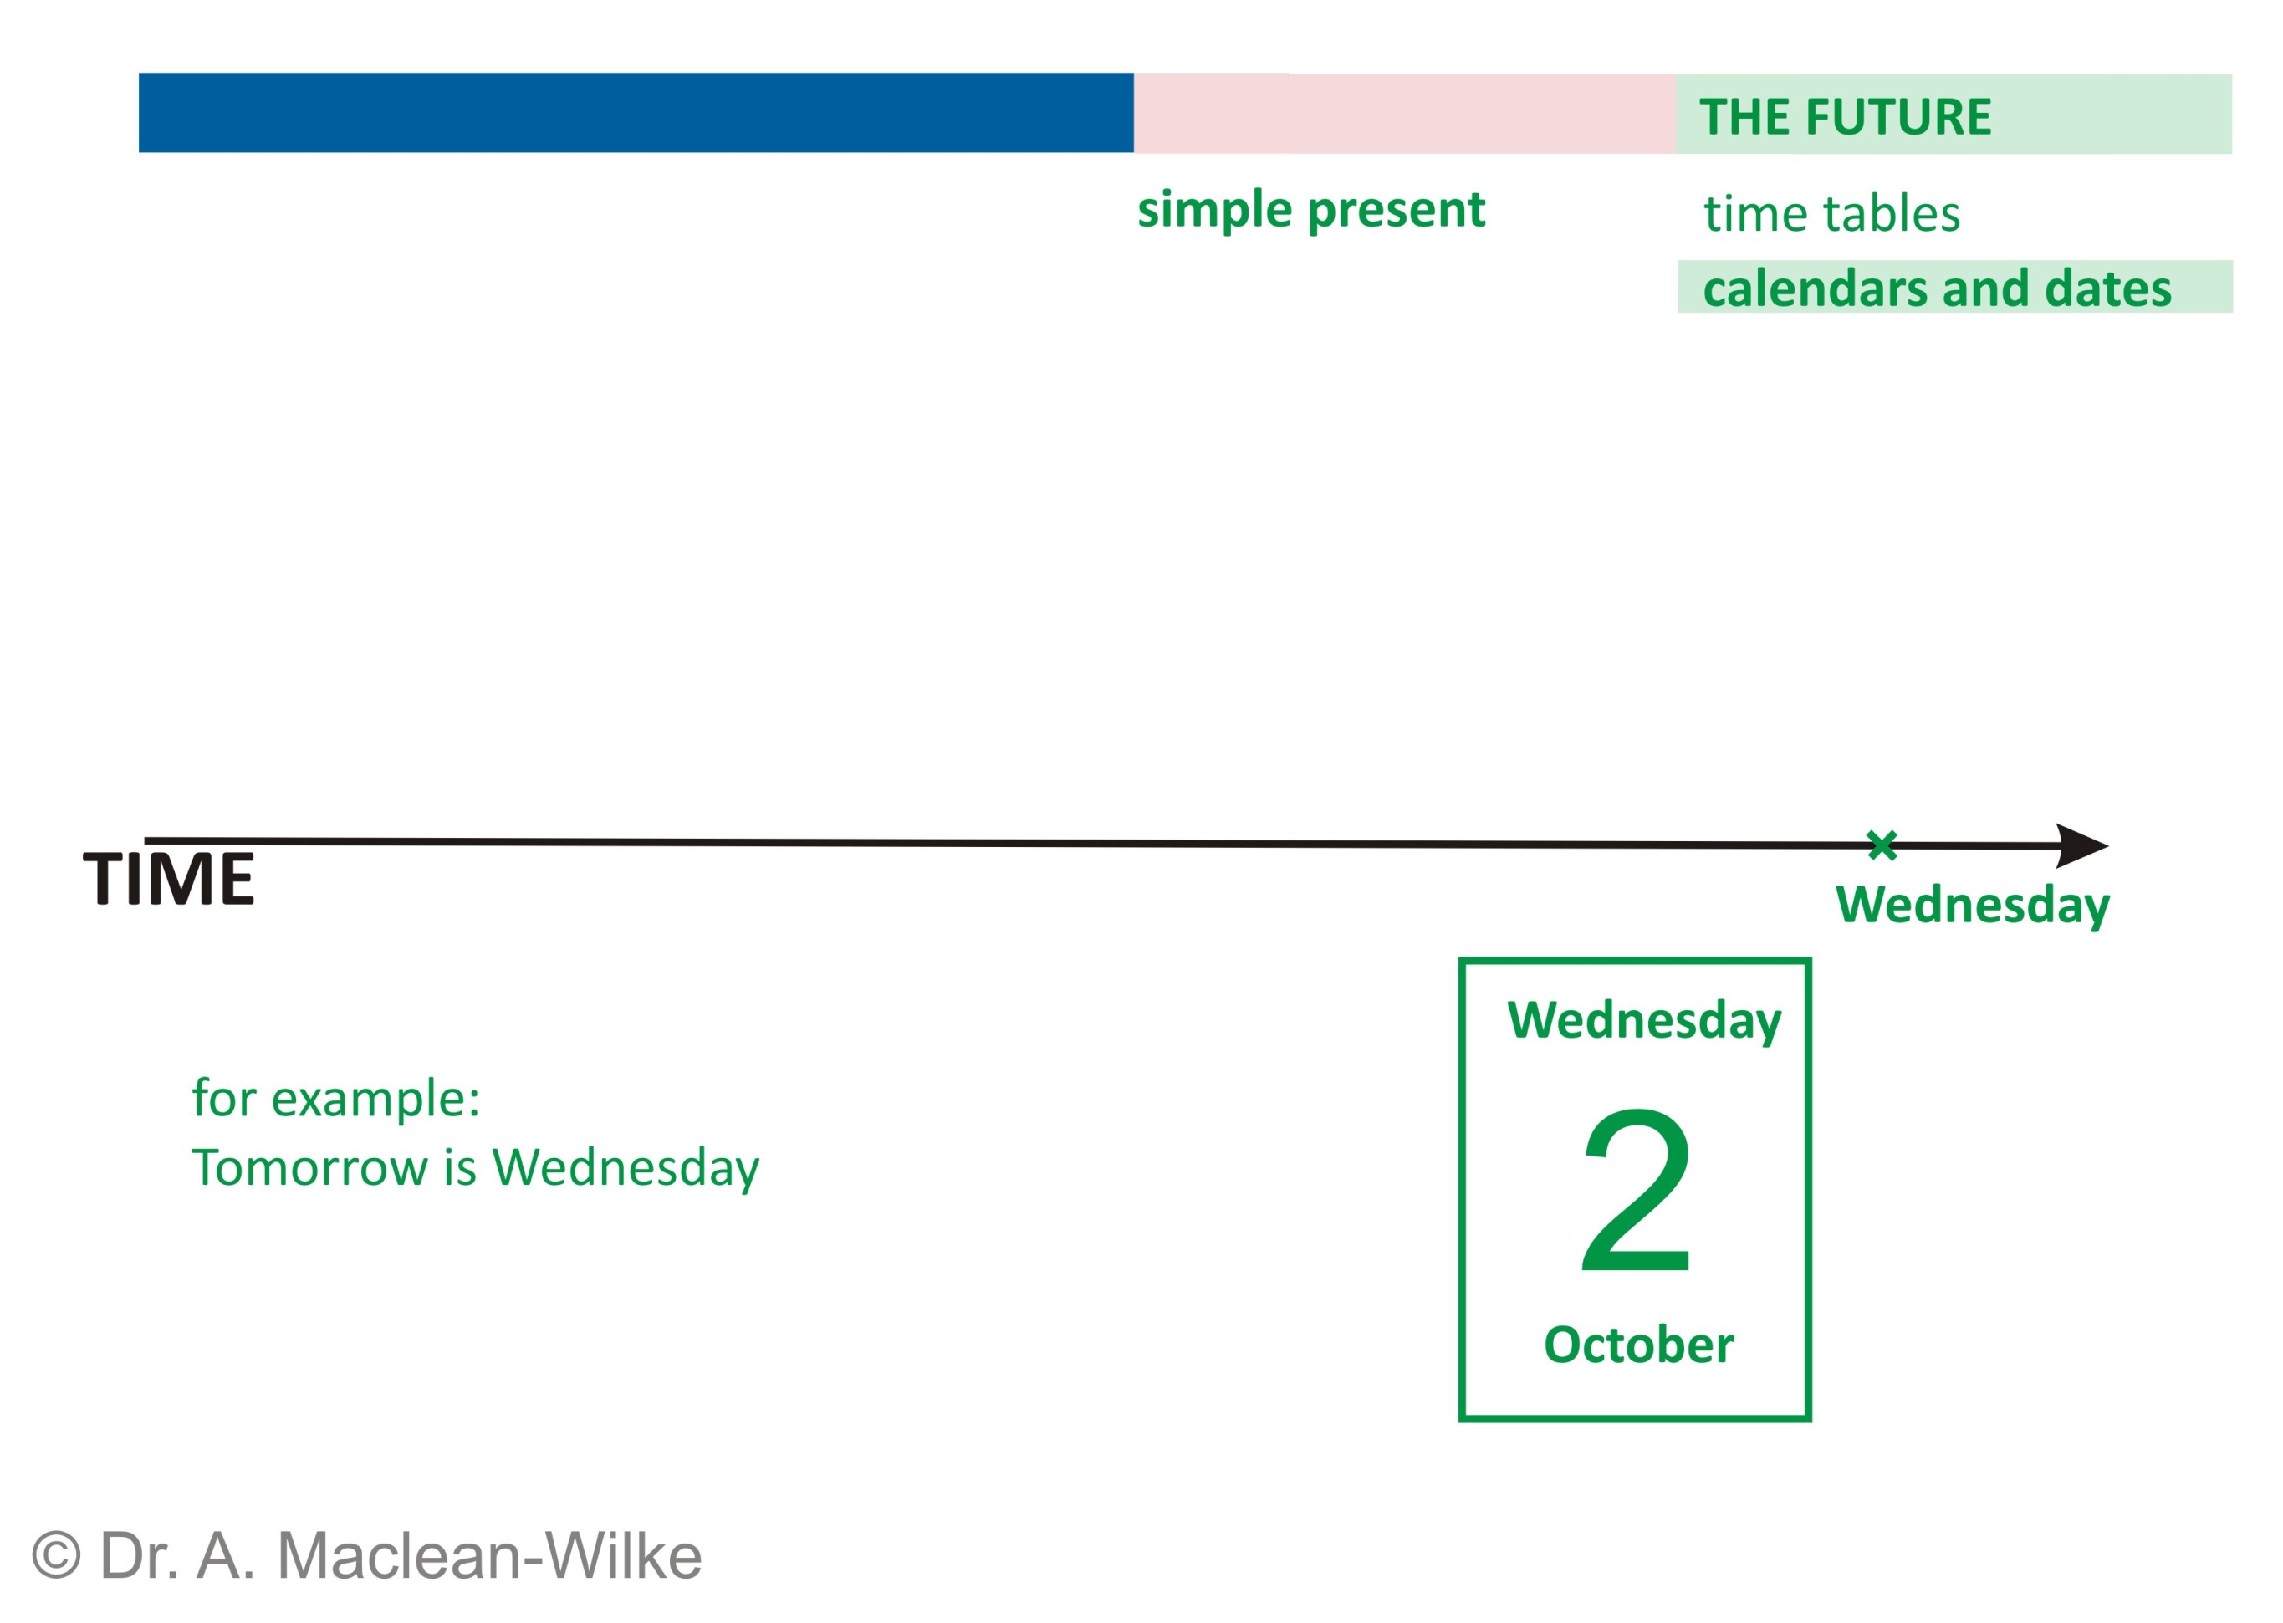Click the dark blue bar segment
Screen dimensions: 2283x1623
tap(636, 113)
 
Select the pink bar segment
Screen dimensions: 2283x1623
tap(1404, 114)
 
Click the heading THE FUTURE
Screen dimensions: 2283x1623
tap(1845, 117)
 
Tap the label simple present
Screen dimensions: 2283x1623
tap(1311, 210)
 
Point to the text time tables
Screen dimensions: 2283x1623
tap(1832, 214)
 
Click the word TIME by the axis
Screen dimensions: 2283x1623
tap(169, 880)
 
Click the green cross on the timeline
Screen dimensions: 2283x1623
tap(1882, 845)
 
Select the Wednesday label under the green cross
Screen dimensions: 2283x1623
tap(1972, 906)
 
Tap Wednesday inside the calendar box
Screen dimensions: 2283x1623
tap(1644, 1021)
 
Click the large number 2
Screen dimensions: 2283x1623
tap(1637, 1189)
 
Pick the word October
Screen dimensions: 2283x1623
tap(1639, 1345)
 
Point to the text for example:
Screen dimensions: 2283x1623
tap(336, 1099)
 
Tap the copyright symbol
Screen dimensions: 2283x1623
tap(56, 1557)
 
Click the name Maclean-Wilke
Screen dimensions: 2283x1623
tap(488, 1556)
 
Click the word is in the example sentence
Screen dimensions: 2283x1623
tap(460, 1168)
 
